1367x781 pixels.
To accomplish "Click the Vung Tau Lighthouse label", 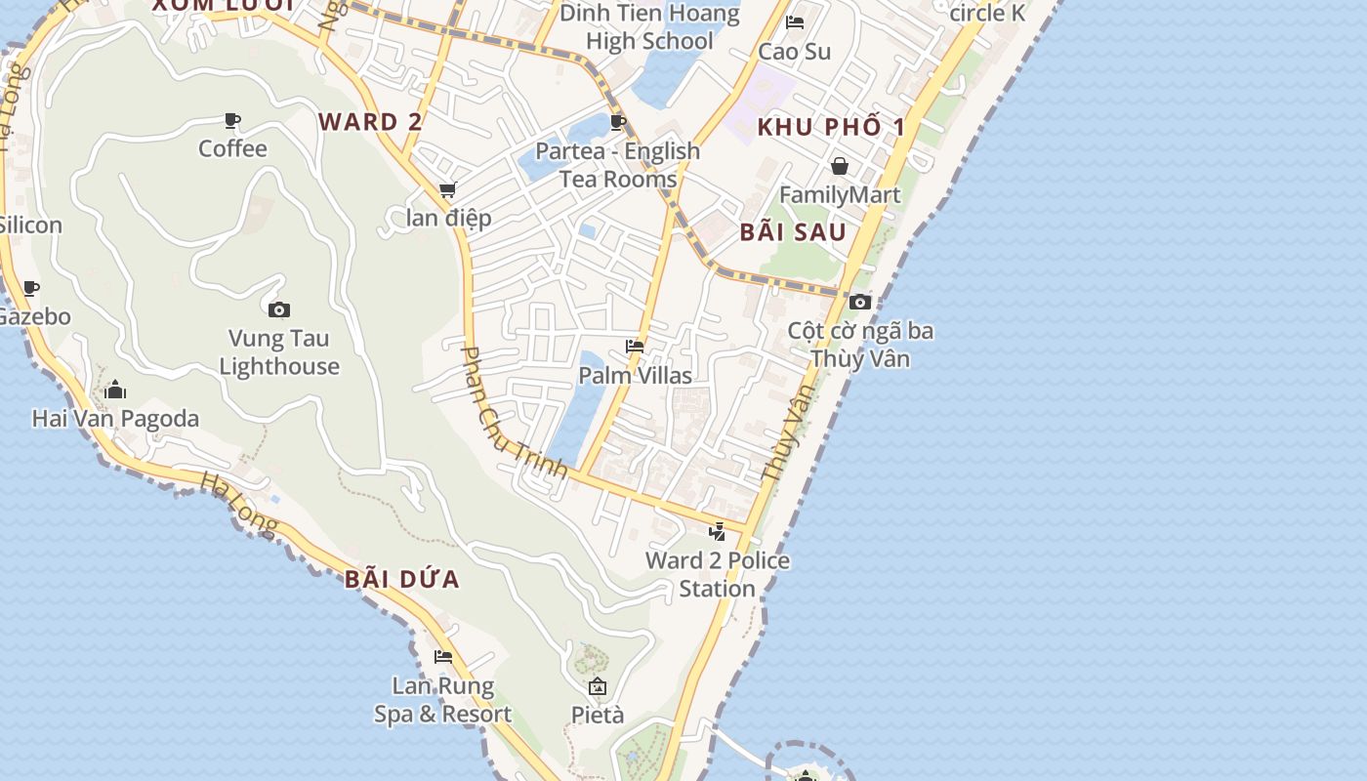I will point(279,352).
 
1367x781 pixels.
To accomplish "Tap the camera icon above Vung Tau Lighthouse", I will point(278,310).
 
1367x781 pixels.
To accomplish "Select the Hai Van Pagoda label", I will point(115,419).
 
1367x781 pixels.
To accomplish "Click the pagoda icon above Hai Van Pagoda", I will point(115,390).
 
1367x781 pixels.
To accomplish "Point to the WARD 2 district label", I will point(371,122).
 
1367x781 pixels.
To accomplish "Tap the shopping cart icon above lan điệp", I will point(447,190).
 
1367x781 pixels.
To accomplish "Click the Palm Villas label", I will point(635,376).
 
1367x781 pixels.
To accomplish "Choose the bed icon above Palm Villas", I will point(635,347).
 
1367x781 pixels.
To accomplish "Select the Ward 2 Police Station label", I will point(718,574).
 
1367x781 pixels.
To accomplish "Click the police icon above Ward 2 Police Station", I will point(718,532).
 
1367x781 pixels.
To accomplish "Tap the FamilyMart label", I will point(840,194).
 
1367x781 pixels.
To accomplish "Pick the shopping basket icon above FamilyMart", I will point(840,166).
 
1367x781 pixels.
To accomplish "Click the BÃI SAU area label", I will point(793,232).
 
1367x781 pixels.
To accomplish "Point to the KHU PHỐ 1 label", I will point(831,127).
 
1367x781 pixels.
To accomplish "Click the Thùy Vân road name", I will point(787,432).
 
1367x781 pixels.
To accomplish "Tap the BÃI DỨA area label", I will point(401,579).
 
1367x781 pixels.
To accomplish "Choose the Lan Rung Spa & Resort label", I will point(443,700).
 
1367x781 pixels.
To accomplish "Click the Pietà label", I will point(598,715).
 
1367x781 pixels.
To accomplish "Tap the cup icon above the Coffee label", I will point(232,120).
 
